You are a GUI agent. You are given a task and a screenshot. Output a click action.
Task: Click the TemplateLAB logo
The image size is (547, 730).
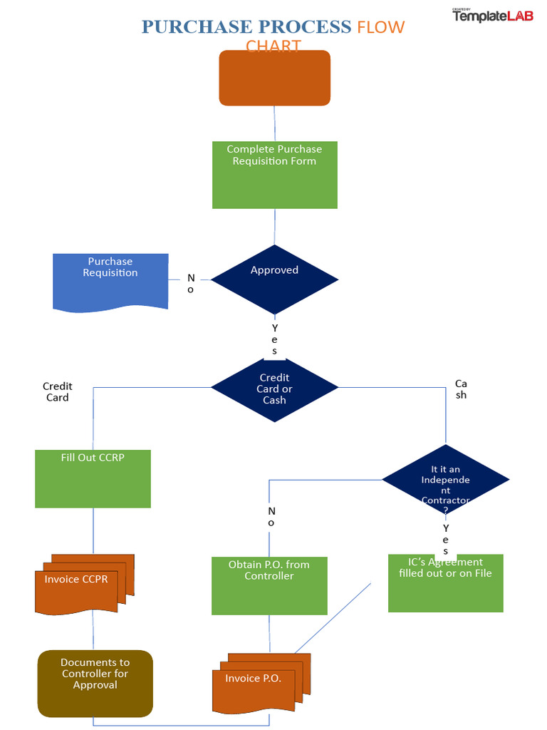point(492,15)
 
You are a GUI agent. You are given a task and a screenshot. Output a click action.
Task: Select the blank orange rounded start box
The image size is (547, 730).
point(274,78)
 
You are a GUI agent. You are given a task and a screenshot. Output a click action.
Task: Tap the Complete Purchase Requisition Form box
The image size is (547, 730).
point(274,175)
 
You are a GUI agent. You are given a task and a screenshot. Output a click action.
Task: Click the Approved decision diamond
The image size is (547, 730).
point(274,279)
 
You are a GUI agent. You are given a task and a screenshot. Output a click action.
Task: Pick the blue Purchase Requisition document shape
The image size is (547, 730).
point(110,281)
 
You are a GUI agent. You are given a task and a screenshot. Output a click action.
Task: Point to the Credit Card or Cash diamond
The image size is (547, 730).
point(274,389)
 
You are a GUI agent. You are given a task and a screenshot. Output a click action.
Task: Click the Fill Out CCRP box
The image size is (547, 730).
point(93,478)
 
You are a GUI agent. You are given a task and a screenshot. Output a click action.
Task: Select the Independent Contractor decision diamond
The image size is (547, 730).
point(446,479)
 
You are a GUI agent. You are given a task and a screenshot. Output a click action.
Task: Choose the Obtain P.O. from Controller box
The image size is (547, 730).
point(269,585)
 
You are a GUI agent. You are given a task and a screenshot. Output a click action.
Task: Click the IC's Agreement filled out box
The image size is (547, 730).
point(446,582)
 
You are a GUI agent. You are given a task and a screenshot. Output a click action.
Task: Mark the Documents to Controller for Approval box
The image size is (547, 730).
point(95,683)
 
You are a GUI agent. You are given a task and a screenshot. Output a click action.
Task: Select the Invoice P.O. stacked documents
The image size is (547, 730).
point(258,683)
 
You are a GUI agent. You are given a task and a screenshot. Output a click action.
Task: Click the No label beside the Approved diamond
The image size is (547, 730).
point(190,283)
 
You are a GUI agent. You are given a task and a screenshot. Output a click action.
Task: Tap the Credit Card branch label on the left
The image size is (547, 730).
point(58,392)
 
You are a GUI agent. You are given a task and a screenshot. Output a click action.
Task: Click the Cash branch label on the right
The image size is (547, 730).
point(461,389)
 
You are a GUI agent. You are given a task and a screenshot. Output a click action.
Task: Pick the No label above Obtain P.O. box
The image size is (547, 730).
point(271,517)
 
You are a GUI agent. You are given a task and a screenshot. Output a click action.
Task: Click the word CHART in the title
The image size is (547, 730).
point(273,46)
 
